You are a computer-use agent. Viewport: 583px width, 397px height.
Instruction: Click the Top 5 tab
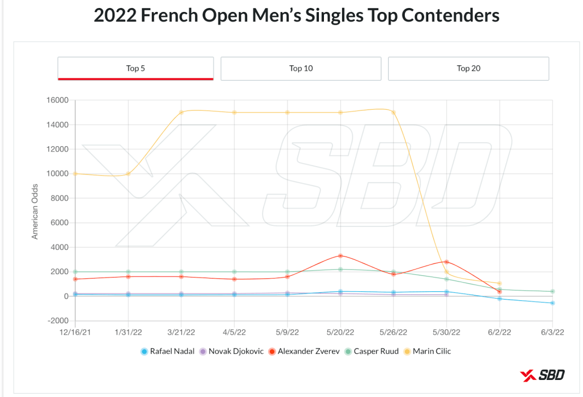(136, 68)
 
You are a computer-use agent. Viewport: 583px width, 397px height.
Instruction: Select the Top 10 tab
(301, 68)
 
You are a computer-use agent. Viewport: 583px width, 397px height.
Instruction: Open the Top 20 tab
(468, 68)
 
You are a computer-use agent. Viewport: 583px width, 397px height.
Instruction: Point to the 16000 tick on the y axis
(56, 101)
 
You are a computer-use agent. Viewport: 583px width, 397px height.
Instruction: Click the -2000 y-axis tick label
(56, 321)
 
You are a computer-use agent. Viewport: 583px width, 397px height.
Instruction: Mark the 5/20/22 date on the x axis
(340, 332)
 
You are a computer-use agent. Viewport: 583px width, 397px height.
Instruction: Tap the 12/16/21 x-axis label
(75, 332)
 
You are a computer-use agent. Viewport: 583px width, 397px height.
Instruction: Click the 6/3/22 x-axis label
(552, 332)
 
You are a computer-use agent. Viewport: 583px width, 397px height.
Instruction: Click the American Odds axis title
(35, 211)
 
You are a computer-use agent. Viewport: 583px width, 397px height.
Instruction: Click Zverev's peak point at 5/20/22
(340, 256)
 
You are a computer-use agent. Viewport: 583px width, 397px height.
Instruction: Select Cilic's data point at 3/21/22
(181, 113)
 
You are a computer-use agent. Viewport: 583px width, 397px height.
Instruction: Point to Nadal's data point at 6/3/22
(552, 303)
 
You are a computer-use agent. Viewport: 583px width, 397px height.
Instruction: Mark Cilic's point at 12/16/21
(75, 173)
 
